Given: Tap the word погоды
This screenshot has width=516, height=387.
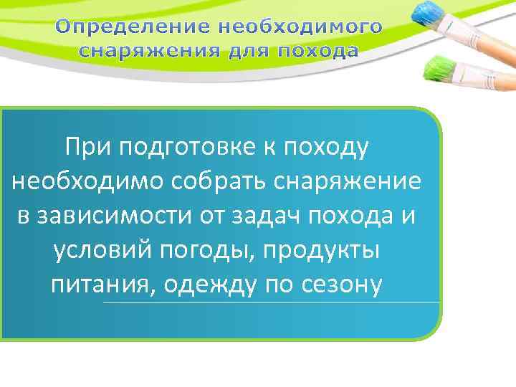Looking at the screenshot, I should pyautogui.click(x=214, y=252).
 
